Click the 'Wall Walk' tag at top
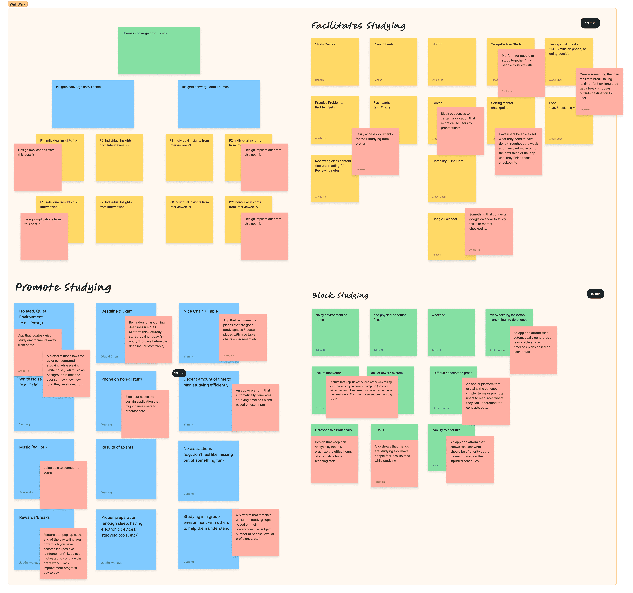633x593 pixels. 18,4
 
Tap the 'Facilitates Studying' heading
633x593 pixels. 358,25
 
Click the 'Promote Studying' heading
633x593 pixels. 63,287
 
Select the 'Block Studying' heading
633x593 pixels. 340,295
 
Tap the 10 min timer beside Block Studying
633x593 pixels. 595,294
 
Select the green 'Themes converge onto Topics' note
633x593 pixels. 159,50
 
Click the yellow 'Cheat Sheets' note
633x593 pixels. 393,61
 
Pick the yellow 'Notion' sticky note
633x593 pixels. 452,61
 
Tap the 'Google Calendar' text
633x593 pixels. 444,219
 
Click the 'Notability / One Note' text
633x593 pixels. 448,161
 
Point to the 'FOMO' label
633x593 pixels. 379,430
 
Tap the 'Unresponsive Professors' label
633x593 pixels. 333,430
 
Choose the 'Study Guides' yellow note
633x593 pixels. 335,61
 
